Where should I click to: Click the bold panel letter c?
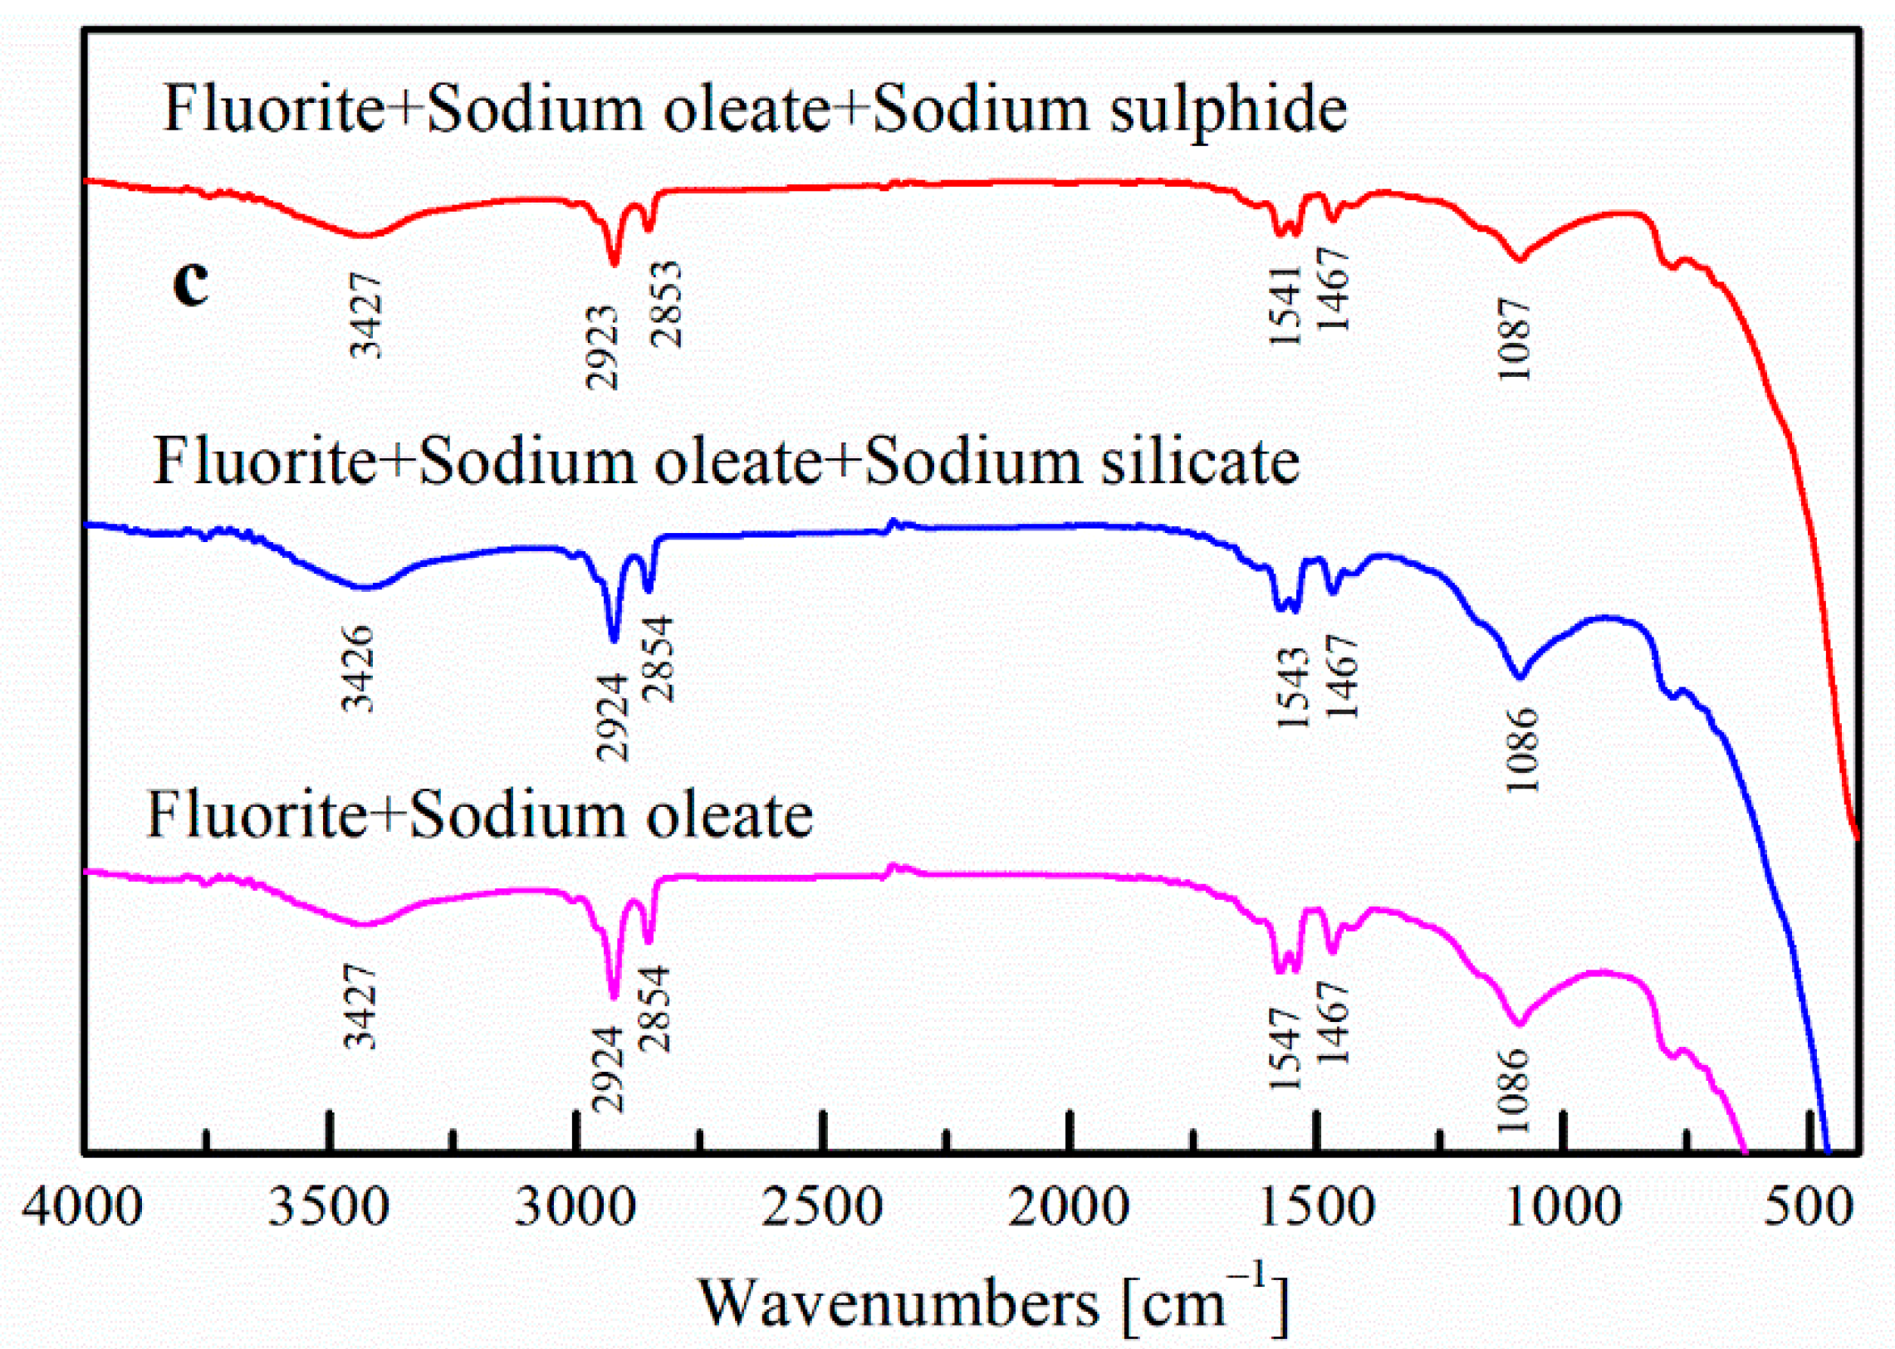[190, 285]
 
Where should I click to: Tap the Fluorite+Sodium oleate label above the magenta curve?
[479, 816]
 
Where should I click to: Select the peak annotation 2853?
[665, 304]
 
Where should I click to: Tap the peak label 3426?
[359, 669]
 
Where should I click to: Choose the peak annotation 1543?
[1293, 687]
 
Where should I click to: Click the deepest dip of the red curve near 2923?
[614, 264]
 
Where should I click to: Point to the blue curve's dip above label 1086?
[1519, 677]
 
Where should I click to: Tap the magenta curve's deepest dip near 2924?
[614, 999]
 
